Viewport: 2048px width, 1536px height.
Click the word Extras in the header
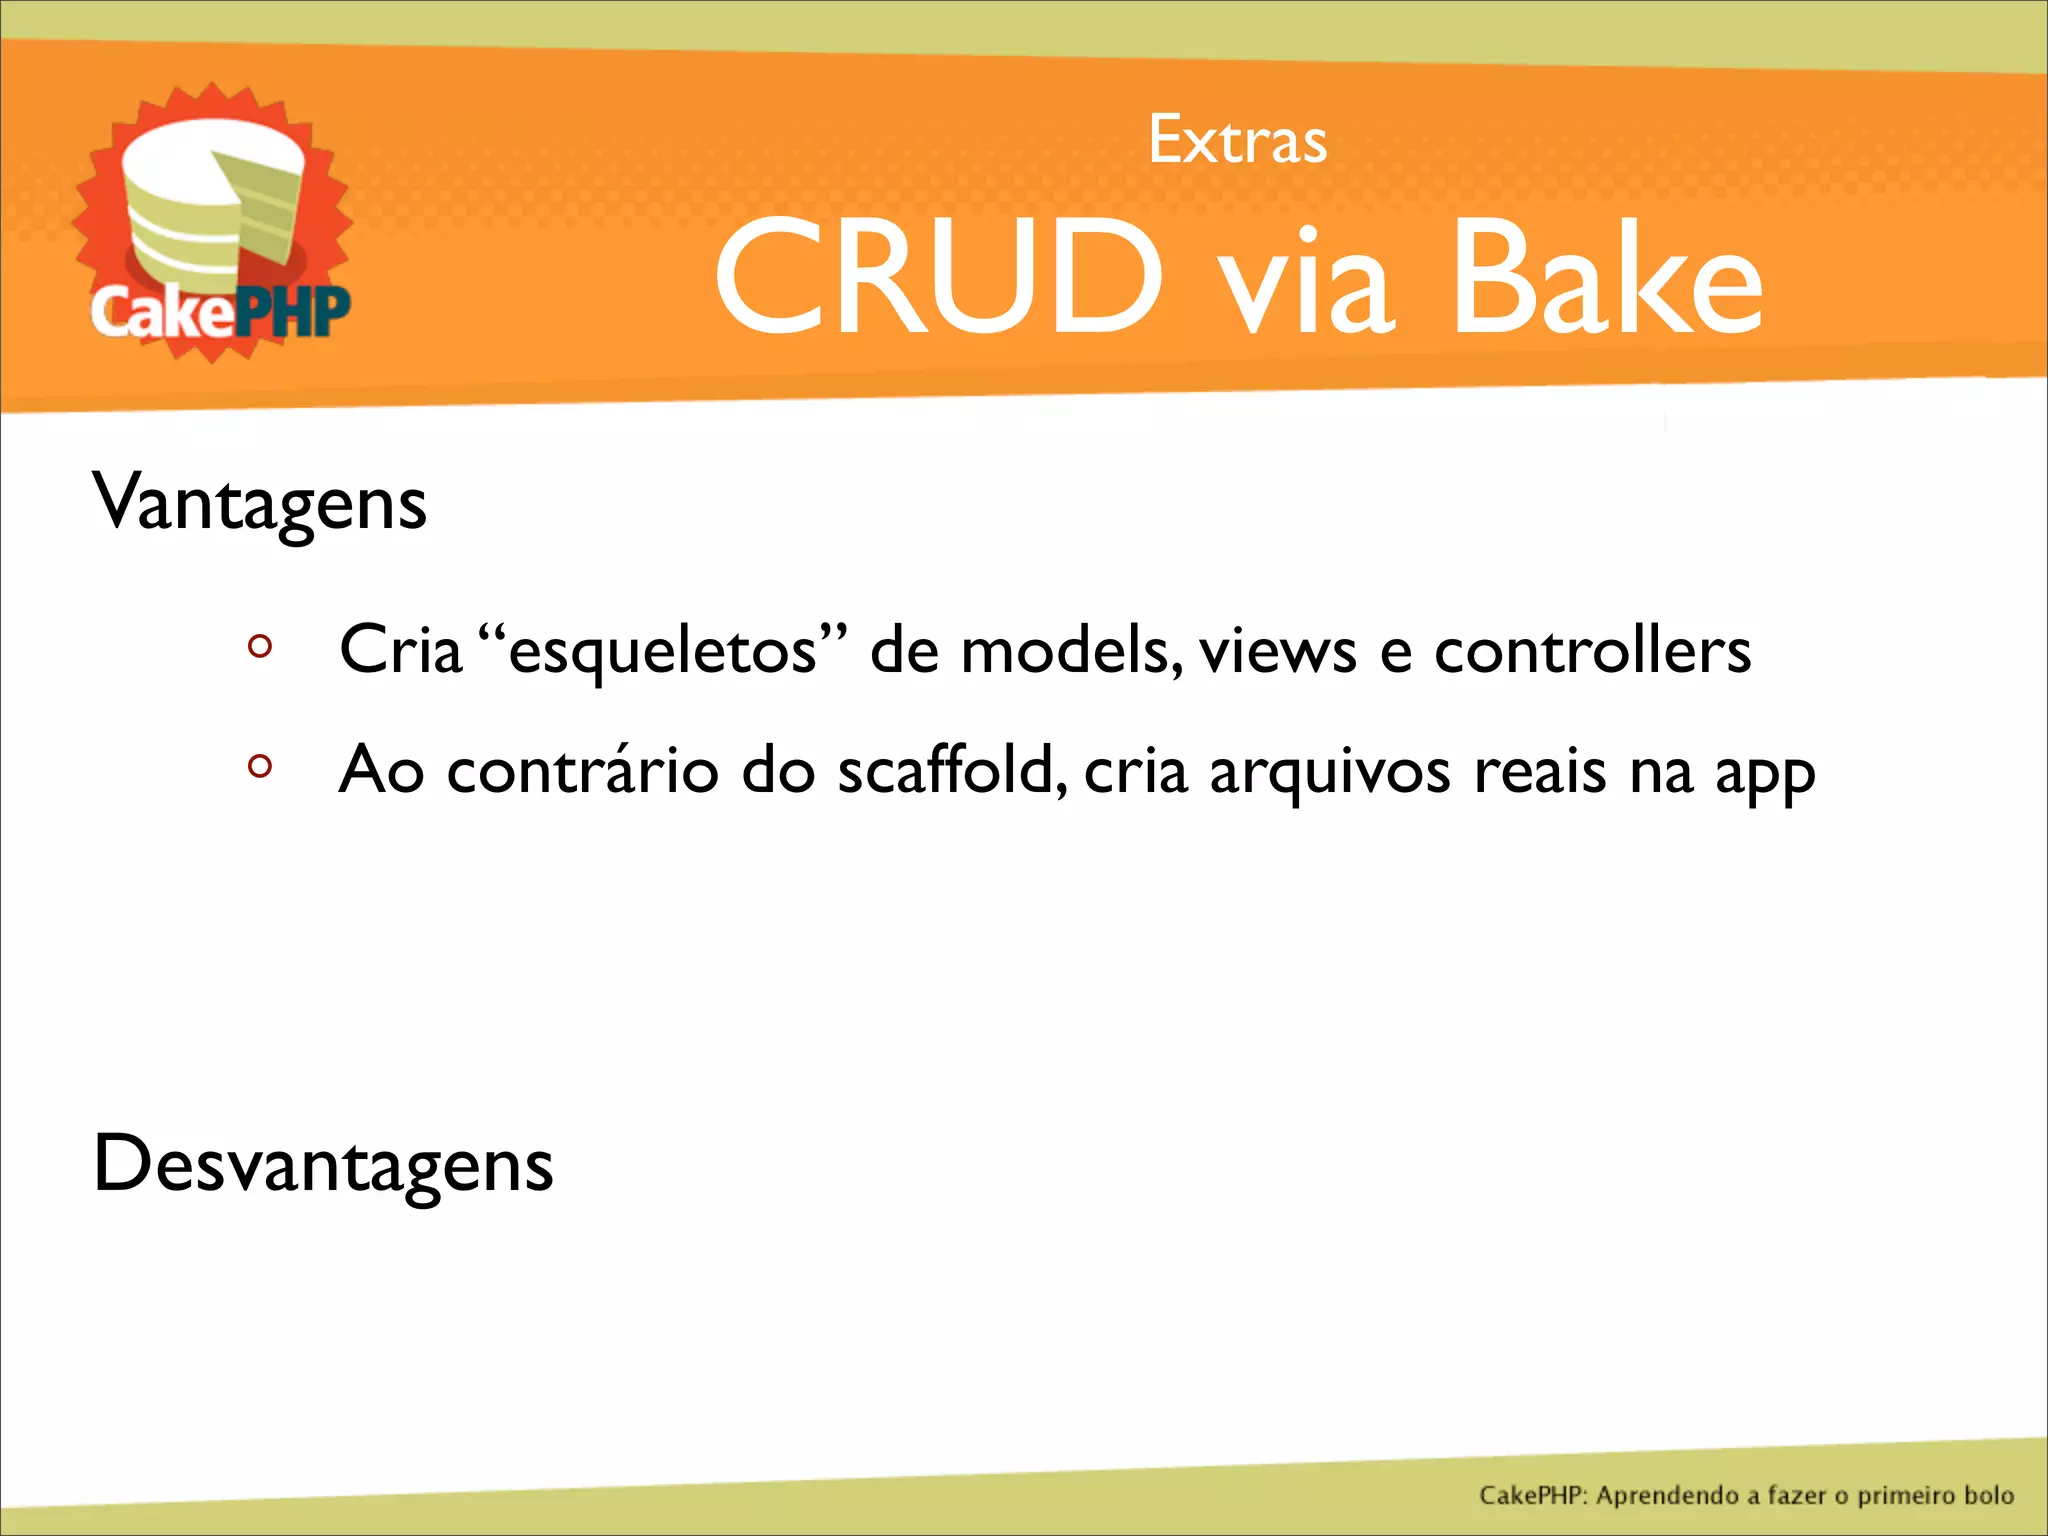tap(1237, 140)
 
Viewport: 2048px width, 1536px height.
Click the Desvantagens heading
tap(322, 1165)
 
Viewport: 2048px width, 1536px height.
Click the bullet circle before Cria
tap(260, 647)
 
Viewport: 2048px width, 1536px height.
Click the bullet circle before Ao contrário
tap(260, 767)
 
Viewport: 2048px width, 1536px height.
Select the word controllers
tap(1592, 650)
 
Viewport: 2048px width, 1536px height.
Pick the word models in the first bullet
tap(1064, 650)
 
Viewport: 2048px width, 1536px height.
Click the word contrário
tap(582, 770)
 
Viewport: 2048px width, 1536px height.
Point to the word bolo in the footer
tap(1988, 1495)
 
